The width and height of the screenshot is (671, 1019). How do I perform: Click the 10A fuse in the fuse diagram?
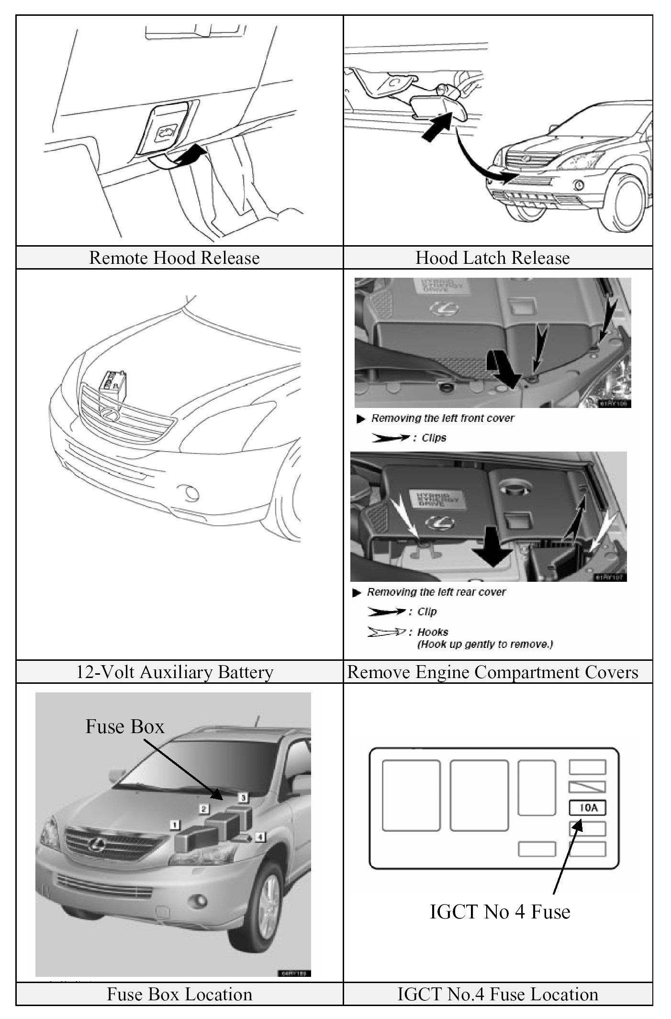coord(587,808)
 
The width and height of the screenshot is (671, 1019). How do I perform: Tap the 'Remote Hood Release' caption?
coord(174,258)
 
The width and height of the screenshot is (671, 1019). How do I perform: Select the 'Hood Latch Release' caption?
coord(492,258)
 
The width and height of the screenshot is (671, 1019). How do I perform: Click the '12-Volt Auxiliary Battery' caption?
coord(175,672)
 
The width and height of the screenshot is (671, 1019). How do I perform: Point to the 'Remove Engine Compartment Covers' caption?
coord(492,672)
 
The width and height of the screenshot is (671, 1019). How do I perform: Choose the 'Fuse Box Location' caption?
coord(179,994)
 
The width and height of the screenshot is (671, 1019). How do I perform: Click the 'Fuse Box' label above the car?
coord(125,726)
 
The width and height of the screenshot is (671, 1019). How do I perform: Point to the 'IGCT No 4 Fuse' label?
coord(500,911)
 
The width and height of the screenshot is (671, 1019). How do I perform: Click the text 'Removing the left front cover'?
coord(443,418)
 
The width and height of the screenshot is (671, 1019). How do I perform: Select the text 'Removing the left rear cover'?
coord(436,592)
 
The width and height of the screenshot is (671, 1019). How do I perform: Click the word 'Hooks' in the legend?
coord(433,632)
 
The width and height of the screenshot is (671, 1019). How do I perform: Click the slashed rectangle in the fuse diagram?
coord(587,787)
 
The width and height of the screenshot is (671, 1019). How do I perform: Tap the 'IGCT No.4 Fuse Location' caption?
coord(498,994)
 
